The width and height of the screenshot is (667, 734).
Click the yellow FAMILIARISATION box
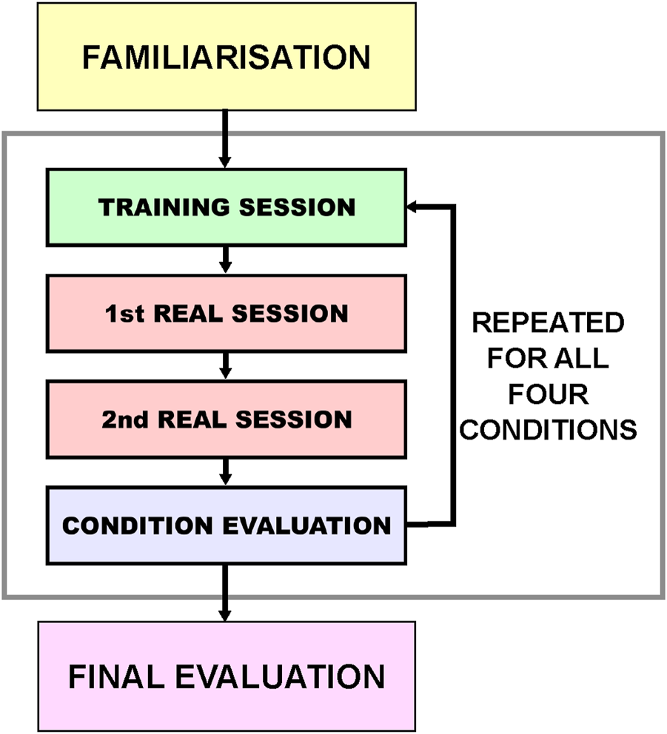click(226, 57)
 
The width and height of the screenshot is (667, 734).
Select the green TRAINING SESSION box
click(226, 207)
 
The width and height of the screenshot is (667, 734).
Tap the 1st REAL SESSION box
click(226, 313)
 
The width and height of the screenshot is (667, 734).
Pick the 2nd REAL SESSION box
click(226, 420)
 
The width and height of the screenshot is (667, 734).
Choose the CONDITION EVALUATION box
click(226, 525)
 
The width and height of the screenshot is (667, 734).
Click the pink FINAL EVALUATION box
click(226, 676)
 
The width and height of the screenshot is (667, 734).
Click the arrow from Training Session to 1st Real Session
click(226, 260)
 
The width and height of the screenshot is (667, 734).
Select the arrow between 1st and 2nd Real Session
click(226, 366)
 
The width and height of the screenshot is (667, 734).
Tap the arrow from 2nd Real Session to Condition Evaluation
click(226, 471)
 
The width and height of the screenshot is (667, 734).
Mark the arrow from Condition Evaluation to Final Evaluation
click(226, 592)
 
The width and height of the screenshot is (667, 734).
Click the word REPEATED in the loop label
click(547, 323)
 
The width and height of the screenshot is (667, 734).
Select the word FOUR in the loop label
click(547, 394)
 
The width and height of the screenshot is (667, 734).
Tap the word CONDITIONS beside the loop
click(547, 429)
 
